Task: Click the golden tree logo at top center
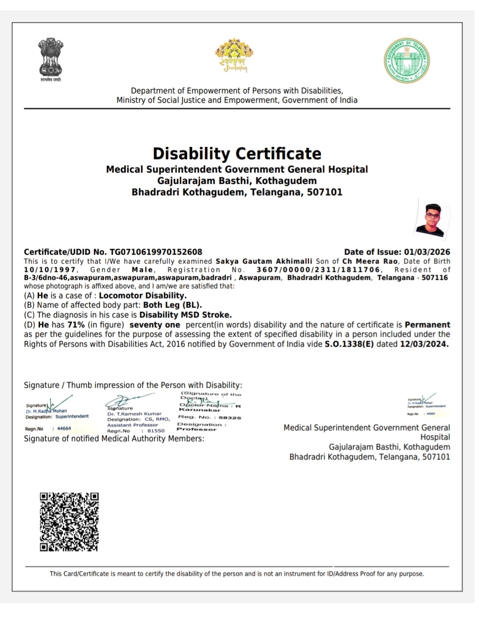[234, 56]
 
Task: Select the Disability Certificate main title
[237, 153]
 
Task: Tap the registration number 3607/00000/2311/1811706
[318, 270]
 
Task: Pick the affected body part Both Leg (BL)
[172, 305]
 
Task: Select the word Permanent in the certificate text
[427, 325]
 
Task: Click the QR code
[69, 521]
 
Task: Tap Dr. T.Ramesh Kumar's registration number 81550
[156, 431]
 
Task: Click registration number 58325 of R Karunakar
[230, 418]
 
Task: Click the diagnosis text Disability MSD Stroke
[185, 315]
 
